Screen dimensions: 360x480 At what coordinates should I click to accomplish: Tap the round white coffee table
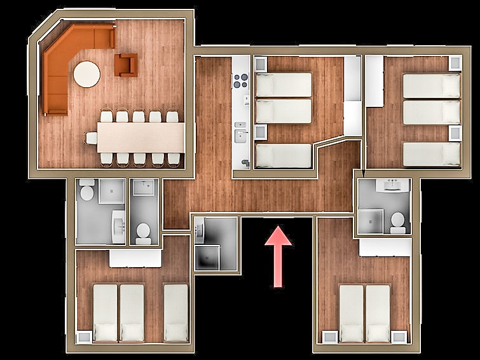(x=86, y=74)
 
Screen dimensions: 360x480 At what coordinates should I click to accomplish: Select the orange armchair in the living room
(x=126, y=64)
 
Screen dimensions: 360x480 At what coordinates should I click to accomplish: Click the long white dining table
(x=141, y=137)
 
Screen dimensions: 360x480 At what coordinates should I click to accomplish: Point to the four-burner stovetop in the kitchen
(x=240, y=80)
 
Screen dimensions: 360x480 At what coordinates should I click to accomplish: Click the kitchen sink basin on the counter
(x=240, y=135)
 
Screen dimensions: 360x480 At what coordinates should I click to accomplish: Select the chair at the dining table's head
(x=92, y=137)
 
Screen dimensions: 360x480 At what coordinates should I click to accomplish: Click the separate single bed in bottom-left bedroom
(x=175, y=312)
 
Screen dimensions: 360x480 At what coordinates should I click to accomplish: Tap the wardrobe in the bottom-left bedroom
(x=135, y=258)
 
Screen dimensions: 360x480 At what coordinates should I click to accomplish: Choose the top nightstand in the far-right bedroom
(x=454, y=63)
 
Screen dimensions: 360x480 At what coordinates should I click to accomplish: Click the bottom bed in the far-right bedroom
(x=431, y=154)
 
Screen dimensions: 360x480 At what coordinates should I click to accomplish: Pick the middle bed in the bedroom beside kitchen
(x=284, y=111)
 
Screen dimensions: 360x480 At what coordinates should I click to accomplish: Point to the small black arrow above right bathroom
(x=362, y=172)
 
